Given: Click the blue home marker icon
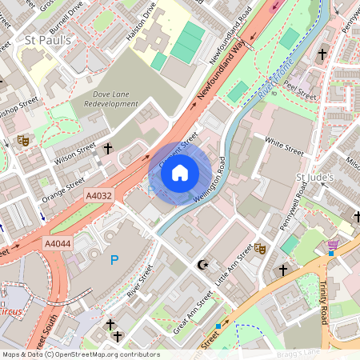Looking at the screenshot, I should [180, 173].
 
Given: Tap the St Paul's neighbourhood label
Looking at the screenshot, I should [49, 40].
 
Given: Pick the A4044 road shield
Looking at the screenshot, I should [58, 243].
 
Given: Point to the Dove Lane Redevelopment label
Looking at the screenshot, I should [111, 99].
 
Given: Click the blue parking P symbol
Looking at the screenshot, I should [114, 260].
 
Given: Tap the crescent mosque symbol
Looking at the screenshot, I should [202, 264].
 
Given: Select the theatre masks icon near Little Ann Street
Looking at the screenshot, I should [259, 249].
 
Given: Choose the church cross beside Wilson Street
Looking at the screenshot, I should [107, 148].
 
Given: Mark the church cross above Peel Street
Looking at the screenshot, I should [322, 54].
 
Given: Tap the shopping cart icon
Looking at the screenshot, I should [332, 244].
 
